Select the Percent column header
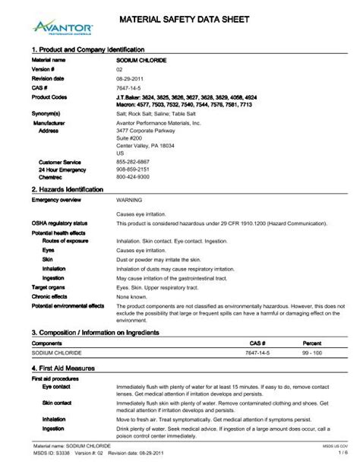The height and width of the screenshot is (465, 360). coord(312,343)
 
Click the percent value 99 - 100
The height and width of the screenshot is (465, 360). coord(312,353)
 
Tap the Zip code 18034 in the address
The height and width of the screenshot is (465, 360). coord(175,144)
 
